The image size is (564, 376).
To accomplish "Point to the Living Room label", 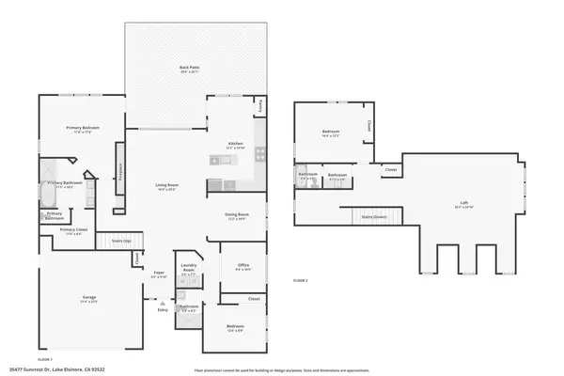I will point(167,185).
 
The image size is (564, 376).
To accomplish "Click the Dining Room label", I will point(235,215).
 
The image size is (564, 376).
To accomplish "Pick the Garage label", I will point(88,298).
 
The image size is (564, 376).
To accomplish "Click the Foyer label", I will point(159,274).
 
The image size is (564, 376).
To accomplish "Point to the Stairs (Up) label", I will point(121,240).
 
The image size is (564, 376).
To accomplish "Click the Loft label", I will point(463,202).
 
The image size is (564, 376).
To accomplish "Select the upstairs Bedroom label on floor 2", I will point(331,132).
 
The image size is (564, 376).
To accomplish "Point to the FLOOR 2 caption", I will point(301,280).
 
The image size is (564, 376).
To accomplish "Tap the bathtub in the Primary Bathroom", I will point(46,194).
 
